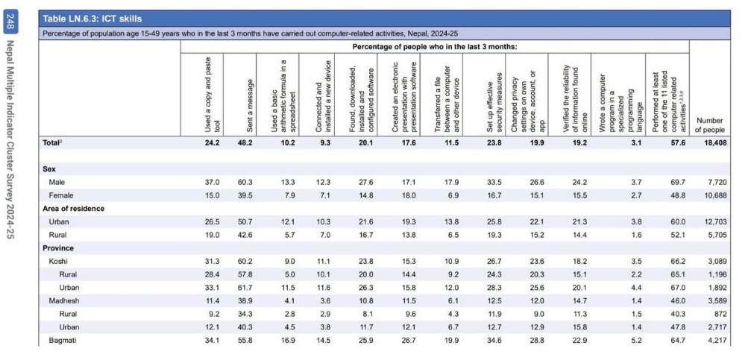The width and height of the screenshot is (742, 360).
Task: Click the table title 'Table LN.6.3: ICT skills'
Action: tap(92, 18)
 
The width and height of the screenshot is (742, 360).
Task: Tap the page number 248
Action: tap(10, 24)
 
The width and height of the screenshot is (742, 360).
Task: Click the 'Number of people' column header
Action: tap(708, 124)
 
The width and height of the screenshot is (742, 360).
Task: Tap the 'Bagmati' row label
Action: tap(63, 341)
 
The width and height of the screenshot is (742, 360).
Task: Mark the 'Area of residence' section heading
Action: tap(73, 209)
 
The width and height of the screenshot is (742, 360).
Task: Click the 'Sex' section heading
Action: tap(49, 169)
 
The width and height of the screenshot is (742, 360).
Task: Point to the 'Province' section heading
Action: tap(58, 248)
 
